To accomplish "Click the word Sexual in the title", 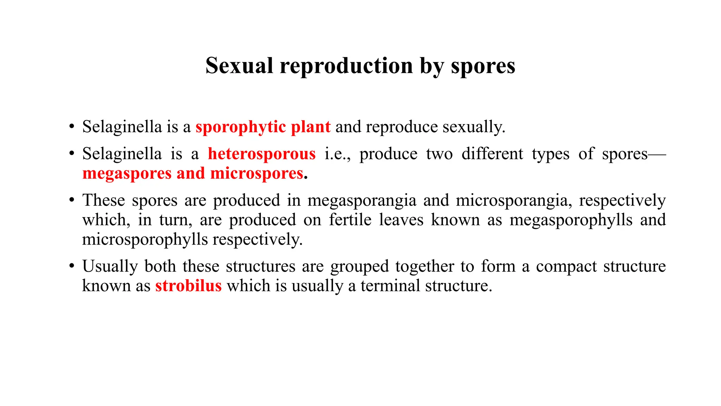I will pos(239,66).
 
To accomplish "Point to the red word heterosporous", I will pos(262,154).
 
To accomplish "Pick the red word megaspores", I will pos(127,174).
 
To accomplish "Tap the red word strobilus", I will pos(188,286).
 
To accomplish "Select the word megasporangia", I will pos(362,201).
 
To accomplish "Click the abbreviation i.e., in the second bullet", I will pos(337,154).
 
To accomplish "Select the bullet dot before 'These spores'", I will pos(72,200).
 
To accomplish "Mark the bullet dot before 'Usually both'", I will pos(72,266).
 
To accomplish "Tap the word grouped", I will pos(359,266).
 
